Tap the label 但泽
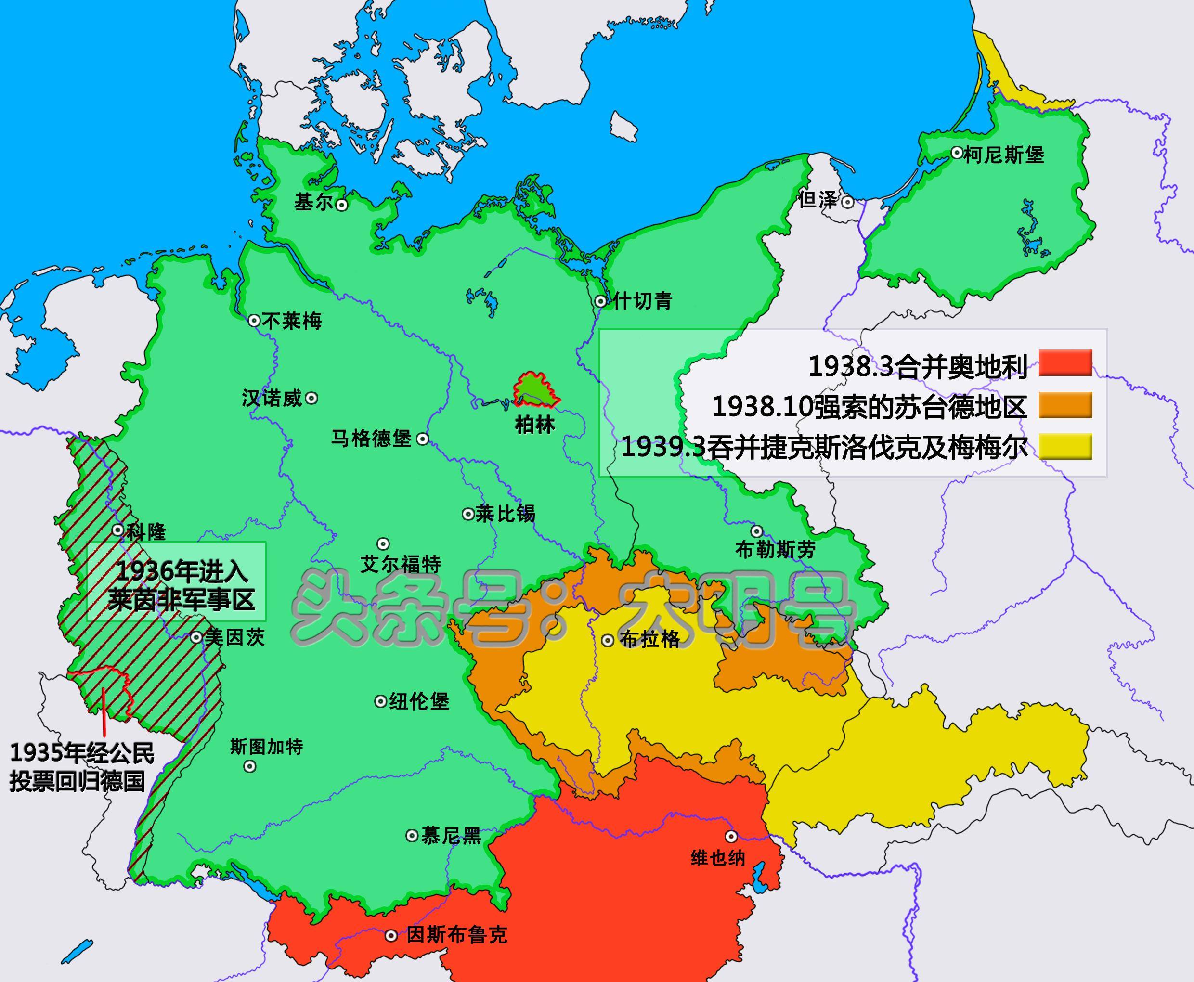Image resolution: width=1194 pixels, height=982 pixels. tap(818, 200)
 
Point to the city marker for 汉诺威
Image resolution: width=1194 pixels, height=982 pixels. tap(311, 398)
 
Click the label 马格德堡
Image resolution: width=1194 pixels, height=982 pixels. tap(371, 439)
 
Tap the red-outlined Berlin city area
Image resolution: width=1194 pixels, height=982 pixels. tap(534, 390)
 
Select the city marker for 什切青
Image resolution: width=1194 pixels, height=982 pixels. tap(601, 301)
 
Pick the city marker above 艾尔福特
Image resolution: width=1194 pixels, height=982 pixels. tap(383, 544)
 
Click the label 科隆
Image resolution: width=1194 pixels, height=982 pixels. tap(146, 532)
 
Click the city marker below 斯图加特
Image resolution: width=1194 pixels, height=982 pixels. tap(249, 766)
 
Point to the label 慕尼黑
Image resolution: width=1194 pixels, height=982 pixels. tap(451, 836)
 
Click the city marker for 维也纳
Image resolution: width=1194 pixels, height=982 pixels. tap(731, 836)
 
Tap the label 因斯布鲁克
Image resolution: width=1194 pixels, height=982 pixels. tap(456, 935)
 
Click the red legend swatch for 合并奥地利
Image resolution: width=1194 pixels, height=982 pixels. tap(1065, 363)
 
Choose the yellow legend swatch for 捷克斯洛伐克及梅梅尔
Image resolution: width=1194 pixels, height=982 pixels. tap(1065, 447)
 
